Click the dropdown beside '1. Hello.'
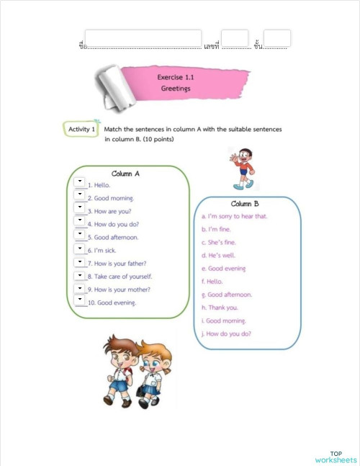80,182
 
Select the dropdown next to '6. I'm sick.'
80,248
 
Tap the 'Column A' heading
126,174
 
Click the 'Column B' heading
246,204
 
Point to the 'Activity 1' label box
81,130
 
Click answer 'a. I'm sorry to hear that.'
235,216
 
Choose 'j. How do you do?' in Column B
231,333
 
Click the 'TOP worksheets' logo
335,457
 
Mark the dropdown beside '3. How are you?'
80,208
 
